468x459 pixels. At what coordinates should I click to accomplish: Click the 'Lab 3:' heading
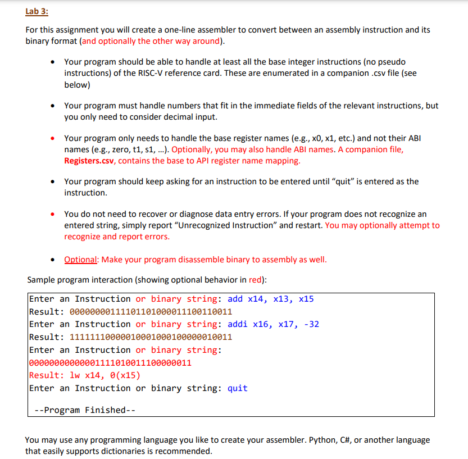37,12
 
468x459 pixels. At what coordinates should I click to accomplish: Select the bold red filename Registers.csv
90,161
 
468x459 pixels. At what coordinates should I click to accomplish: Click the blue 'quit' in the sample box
237,388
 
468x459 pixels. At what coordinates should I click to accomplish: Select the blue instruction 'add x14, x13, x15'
270,299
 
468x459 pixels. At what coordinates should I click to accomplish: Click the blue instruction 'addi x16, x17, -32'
273,324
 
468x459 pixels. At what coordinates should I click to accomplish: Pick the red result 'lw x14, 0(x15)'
104,375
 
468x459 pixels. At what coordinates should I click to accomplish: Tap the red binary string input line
110,363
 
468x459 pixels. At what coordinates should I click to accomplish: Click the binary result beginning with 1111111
150,337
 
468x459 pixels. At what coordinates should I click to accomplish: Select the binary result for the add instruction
150,312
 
